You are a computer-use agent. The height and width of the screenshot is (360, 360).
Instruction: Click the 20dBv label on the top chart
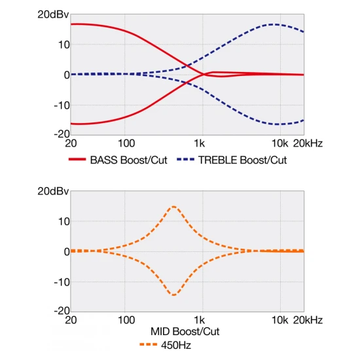[53, 14]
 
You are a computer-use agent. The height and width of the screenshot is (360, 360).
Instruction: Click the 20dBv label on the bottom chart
[53, 191]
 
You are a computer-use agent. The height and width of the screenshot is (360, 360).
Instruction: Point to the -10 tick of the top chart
[62, 105]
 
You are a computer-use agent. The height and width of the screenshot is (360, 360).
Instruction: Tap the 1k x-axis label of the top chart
[199, 143]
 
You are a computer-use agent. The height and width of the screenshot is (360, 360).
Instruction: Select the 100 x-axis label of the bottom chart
[126, 320]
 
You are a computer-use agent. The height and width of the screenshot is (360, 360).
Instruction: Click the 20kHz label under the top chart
[308, 143]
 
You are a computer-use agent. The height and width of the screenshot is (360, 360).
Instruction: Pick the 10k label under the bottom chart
[279, 320]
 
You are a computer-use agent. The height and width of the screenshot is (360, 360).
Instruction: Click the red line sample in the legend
[77, 159]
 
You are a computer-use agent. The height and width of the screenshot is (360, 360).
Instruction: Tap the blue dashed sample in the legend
[185, 159]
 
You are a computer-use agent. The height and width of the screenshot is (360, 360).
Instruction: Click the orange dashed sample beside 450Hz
[149, 344]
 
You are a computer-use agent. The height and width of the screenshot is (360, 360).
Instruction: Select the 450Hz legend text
[176, 345]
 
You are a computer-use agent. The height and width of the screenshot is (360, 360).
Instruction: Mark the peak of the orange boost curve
[174, 207]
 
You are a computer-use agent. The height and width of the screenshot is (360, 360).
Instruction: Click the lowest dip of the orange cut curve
[174, 295]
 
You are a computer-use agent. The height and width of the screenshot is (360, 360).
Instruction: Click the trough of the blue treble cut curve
[277, 124]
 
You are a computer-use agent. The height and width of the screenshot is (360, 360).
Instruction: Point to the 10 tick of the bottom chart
[64, 222]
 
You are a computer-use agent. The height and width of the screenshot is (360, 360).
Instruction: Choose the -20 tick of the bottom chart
[62, 311]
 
